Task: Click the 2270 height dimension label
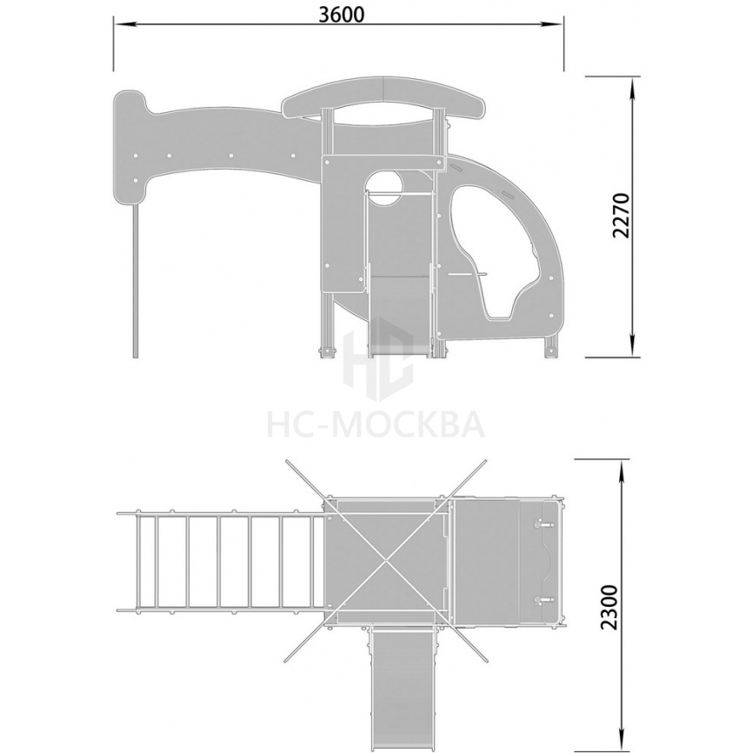[x=621, y=216]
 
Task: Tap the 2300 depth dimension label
[x=610, y=607]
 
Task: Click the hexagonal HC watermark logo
[x=378, y=359]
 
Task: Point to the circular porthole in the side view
[x=384, y=190]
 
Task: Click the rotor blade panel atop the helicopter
[x=383, y=99]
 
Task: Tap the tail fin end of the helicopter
[x=130, y=148]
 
